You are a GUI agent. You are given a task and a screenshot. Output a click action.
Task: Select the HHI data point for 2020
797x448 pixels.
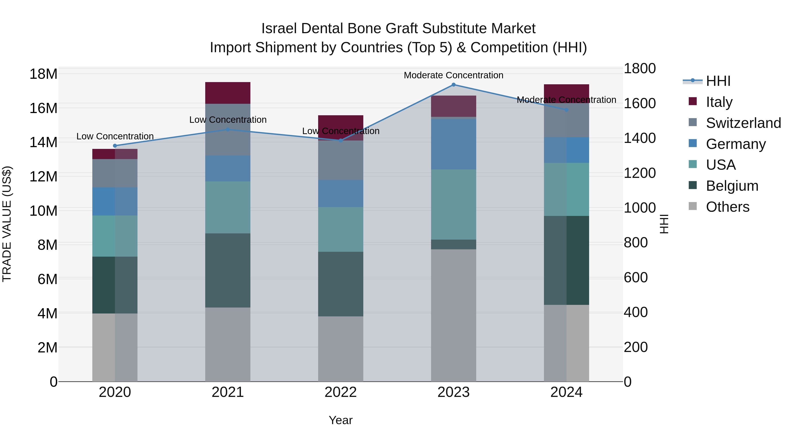coord(115,146)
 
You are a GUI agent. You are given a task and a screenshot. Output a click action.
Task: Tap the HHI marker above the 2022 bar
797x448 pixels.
coord(341,140)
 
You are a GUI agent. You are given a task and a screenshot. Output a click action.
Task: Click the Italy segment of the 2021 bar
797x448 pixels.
coord(228,93)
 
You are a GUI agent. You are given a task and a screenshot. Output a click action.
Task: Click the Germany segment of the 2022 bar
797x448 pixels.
coord(341,194)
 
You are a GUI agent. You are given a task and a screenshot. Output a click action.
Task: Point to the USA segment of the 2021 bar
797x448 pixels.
coord(228,207)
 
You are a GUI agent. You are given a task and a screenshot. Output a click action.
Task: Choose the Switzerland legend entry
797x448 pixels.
coord(743,123)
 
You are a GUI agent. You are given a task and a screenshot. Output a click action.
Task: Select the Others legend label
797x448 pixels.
coord(727,207)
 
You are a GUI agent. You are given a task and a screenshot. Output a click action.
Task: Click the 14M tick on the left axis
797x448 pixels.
coord(43,142)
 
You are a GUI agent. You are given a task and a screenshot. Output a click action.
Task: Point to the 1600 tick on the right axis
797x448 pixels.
coord(639,103)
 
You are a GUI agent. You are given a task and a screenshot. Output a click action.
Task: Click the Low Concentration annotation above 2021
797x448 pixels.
coord(228,120)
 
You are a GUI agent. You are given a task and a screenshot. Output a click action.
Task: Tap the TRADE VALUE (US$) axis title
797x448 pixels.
coord(7,224)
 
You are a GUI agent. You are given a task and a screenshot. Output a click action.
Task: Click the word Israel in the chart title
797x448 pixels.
coord(279,29)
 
